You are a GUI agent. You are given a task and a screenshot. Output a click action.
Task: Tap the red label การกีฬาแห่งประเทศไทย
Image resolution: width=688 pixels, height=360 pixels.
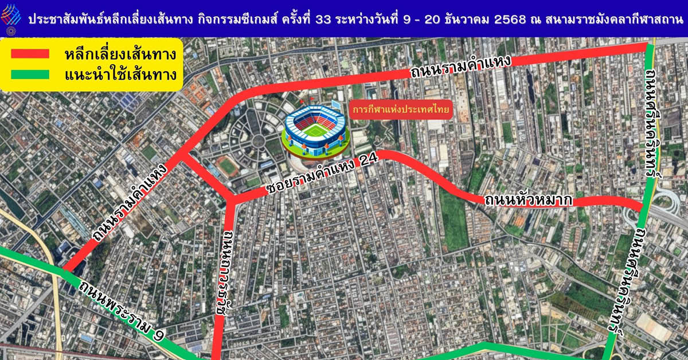tap(401, 108)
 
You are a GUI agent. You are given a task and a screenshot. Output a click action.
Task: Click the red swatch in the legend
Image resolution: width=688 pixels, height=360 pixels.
tap(30, 54)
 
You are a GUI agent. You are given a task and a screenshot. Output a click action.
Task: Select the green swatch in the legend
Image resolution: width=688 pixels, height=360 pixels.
tap(30, 74)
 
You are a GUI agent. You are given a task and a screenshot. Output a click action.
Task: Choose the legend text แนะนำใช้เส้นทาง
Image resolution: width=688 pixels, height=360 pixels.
tap(120, 75)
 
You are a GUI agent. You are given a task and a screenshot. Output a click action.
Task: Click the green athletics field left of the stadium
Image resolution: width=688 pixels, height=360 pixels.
tap(228, 167)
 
